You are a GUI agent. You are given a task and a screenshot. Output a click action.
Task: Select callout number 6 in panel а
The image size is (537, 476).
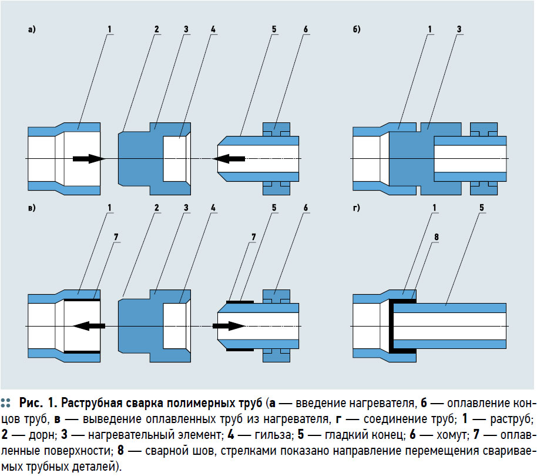point(306,28)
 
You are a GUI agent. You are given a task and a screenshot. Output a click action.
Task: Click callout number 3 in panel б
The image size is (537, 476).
point(458,28)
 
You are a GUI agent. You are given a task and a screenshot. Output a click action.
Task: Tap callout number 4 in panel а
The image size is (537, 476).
point(213,28)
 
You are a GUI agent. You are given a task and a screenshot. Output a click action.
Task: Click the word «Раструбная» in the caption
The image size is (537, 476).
point(92,404)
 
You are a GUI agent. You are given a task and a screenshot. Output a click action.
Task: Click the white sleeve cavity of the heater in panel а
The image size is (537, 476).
point(175,158)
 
